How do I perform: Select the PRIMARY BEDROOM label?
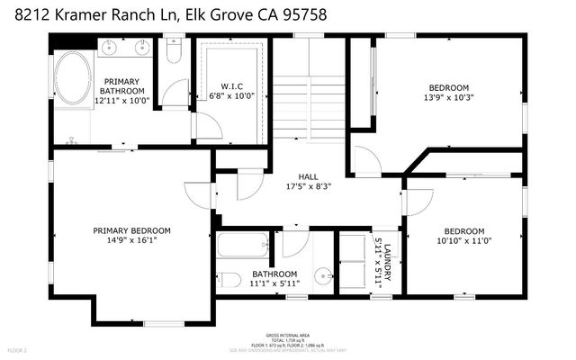[x=132, y=230]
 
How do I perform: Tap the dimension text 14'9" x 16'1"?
[x=132, y=241]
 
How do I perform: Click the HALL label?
[x=309, y=176]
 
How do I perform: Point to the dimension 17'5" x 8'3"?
[x=309, y=187]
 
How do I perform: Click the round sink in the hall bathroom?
[x=321, y=275]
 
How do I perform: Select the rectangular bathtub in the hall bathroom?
[x=243, y=245]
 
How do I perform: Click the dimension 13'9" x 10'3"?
[x=448, y=97]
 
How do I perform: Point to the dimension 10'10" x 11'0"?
[x=465, y=241]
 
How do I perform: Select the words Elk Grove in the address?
[x=202, y=15]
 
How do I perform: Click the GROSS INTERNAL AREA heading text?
[x=289, y=332]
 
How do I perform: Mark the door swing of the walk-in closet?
[x=207, y=127]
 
